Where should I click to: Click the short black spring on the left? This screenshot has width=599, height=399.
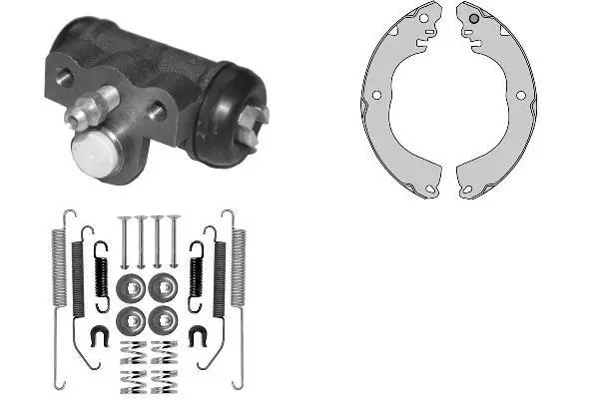tap(101, 272)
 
